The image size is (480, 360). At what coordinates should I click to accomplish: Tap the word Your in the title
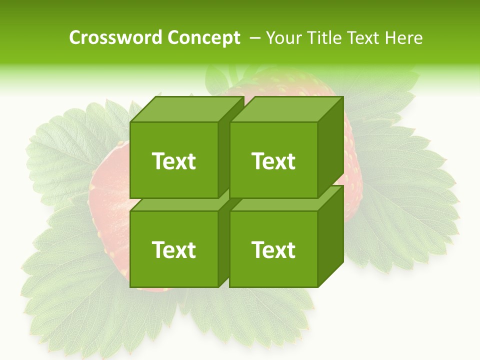tap(283, 38)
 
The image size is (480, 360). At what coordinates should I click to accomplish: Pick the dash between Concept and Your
tap(254, 38)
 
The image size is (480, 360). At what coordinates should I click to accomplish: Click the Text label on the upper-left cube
tap(173, 161)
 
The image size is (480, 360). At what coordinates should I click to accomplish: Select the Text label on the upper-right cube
tap(273, 161)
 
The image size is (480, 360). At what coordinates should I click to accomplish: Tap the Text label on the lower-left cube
tap(173, 249)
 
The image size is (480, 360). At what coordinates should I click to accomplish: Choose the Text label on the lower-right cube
tap(273, 249)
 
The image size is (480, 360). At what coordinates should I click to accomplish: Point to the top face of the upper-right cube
tap(286, 109)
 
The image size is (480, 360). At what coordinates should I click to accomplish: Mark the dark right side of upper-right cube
tap(331, 145)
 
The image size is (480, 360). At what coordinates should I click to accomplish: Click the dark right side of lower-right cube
tap(331, 235)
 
